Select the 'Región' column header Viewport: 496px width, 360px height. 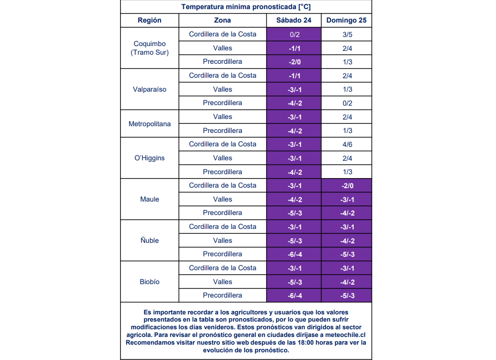150,20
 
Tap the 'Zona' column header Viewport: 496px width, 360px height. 223,20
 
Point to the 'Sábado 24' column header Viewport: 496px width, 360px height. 294,20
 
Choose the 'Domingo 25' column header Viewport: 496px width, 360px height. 346,20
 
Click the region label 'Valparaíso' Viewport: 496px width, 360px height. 150,89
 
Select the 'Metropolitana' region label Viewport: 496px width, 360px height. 150,124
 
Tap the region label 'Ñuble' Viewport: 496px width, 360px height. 150,240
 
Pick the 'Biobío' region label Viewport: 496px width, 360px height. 150,282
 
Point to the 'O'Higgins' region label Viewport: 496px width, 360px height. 150,158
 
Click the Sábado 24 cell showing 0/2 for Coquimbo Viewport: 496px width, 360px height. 294,35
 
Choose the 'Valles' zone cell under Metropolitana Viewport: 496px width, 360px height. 223,117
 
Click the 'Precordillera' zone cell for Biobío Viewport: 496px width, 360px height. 223,295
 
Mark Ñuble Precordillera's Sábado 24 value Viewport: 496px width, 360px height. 294,254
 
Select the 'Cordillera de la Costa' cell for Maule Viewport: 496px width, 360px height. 223,185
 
